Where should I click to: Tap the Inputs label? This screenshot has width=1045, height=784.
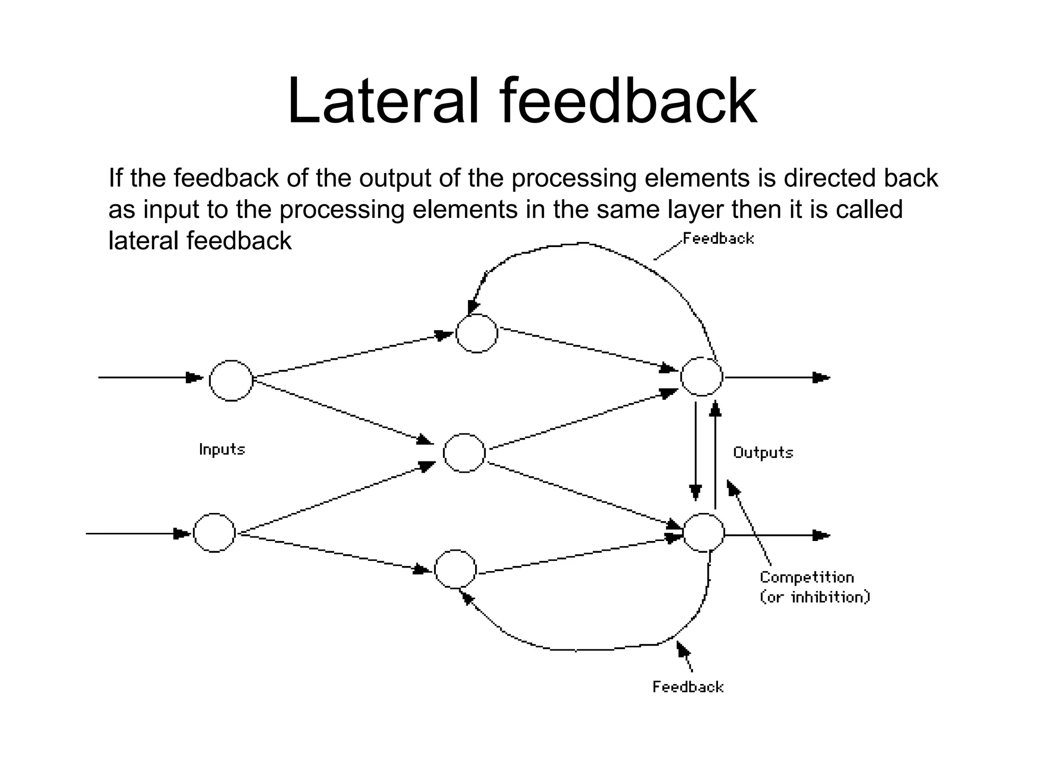222,450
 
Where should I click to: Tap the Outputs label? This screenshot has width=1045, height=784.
763,453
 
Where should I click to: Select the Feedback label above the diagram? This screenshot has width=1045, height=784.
718,239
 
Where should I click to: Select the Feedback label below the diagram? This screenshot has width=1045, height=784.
688,687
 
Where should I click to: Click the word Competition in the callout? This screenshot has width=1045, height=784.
807,577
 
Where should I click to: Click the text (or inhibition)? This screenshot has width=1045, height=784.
814,597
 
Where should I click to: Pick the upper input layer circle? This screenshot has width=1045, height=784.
231,381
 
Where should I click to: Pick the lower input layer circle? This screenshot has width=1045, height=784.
214,533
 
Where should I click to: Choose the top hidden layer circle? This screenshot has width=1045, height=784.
477,333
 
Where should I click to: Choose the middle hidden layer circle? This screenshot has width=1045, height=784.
464,453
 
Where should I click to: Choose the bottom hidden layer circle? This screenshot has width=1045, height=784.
455,569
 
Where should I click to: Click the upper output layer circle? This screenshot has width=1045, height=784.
702,377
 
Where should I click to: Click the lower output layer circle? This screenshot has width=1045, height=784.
704,533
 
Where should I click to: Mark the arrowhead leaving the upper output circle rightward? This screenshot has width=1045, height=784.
820,378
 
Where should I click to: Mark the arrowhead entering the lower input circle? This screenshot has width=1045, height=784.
181,534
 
